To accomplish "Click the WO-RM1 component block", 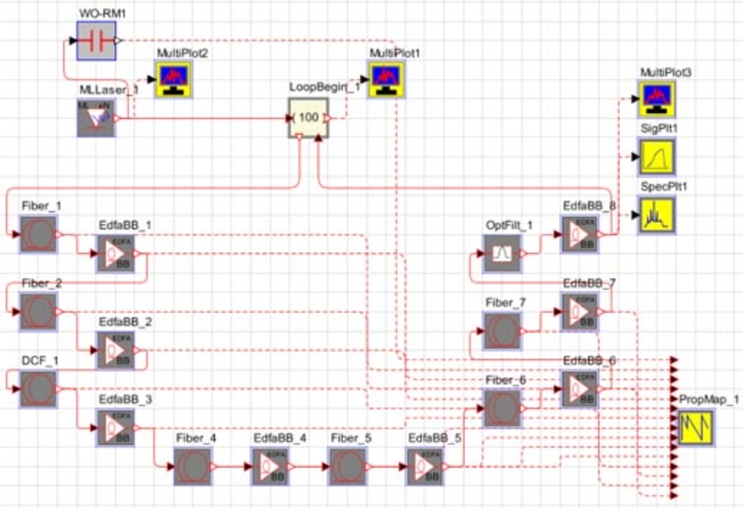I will click(95, 40).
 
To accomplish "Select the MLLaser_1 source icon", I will click(95, 118).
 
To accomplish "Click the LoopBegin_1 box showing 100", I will click(308, 118).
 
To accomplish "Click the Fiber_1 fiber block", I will click(38, 235).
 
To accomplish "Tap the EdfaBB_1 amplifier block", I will click(116, 254).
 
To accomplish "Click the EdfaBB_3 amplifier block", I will click(116, 427).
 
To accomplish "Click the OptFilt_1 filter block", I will click(503, 254).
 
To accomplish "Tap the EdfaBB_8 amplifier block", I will click(580, 234).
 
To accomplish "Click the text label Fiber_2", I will click(41, 283).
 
